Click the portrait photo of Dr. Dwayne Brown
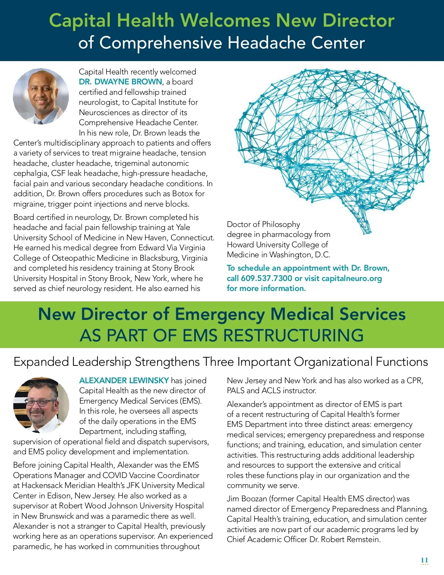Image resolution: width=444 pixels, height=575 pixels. click(41, 96)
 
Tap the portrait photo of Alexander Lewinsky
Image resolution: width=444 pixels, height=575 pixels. click(41, 405)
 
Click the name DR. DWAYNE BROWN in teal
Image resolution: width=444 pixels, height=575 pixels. click(121, 82)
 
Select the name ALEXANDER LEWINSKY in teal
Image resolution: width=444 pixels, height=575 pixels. click(124, 380)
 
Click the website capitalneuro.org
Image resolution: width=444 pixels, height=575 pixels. click(351, 278)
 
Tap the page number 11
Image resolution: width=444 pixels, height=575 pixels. click(424, 560)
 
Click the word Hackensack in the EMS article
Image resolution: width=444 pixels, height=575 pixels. click(42, 485)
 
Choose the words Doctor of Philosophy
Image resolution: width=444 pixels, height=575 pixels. click(263, 224)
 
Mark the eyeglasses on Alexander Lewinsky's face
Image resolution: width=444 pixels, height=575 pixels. click(39, 402)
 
